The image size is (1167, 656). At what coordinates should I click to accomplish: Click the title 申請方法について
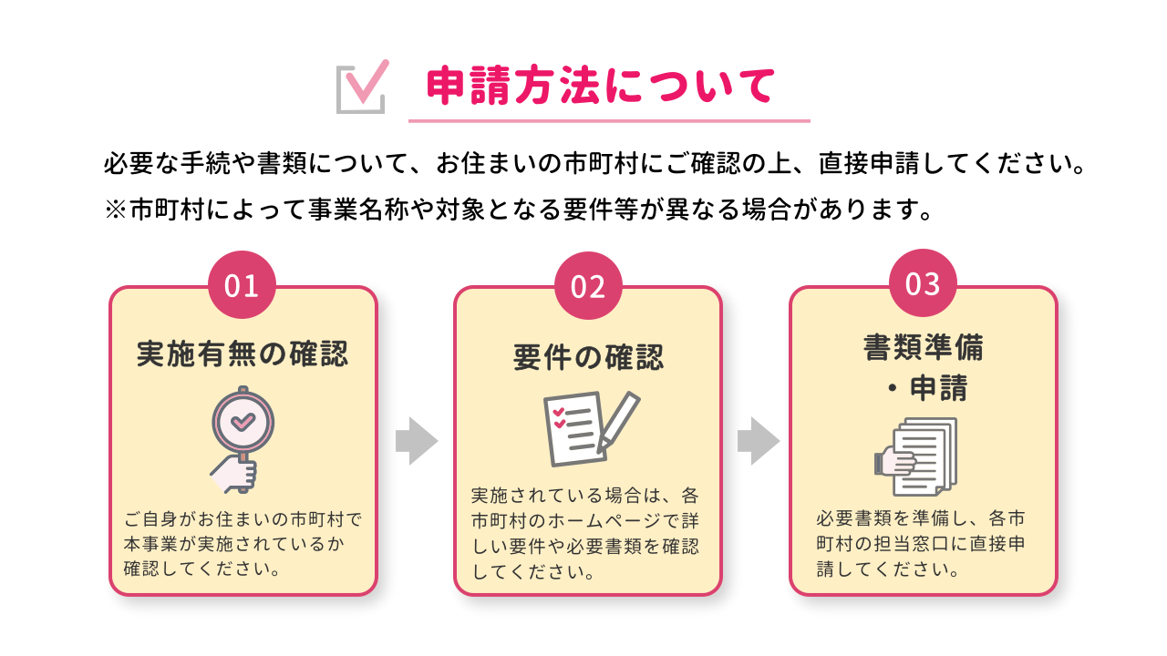601,87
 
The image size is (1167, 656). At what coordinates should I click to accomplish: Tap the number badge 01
242,286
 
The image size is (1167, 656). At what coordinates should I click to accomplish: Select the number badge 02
588,286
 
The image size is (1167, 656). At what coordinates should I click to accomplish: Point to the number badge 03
923,283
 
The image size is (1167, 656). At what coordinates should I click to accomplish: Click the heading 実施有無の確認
243,354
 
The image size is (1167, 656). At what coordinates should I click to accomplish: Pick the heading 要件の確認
588,357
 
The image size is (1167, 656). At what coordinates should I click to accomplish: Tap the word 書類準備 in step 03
923,348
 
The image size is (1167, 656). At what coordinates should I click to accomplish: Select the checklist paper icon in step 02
573,428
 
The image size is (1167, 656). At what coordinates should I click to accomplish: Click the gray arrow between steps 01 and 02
416,441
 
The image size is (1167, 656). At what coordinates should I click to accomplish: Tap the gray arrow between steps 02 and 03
758,441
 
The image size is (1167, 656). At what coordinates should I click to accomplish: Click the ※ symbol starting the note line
116,210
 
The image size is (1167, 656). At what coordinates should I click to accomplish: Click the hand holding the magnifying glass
235,474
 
